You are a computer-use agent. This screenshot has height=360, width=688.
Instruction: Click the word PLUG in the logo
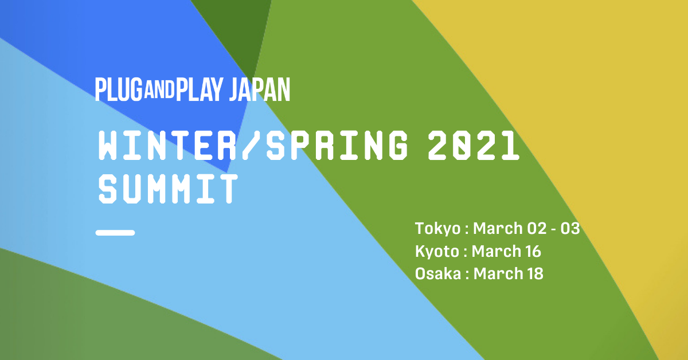(x=119, y=89)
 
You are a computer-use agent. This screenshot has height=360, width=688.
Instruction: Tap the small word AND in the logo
(x=159, y=89)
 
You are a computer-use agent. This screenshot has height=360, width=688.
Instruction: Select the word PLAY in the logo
(x=199, y=89)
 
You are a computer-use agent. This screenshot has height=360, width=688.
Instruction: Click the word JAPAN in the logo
(x=260, y=89)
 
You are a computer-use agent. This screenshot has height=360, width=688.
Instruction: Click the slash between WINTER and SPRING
(x=251, y=145)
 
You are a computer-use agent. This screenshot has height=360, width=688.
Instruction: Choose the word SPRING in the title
(x=337, y=145)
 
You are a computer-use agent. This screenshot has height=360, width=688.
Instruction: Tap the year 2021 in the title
(x=474, y=145)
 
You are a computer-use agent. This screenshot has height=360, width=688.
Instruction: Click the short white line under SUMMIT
(x=115, y=233)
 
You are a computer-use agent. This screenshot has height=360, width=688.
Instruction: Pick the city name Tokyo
(x=437, y=229)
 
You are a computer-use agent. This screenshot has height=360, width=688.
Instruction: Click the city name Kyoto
(x=437, y=252)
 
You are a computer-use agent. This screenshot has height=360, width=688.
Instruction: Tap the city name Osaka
(x=438, y=273)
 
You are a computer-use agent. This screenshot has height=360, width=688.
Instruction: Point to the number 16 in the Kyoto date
(x=533, y=251)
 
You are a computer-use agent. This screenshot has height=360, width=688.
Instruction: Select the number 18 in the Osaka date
(x=535, y=273)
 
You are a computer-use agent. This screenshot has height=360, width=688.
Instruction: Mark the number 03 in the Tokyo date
(x=570, y=229)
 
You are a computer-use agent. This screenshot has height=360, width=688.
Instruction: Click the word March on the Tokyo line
(x=498, y=229)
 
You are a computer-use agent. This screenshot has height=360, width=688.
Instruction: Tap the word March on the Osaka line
(x=498, y=273)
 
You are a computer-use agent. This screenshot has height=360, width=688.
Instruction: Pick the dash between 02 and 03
(x=554, y=229)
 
